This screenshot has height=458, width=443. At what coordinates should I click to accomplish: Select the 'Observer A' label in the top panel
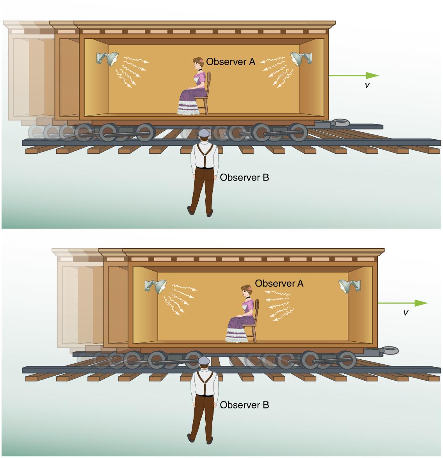(x=230, y=61)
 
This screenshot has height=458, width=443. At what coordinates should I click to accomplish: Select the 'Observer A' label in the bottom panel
(x=279, y=283)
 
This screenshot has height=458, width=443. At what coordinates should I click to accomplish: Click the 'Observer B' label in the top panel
(x=244, y=178)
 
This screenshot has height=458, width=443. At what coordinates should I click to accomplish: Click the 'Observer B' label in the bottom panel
(x=244, y=405)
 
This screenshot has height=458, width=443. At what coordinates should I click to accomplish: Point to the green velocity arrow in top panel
(x=353, y=75)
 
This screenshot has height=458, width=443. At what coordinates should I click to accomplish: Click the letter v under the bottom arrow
(x=406, y=312)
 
